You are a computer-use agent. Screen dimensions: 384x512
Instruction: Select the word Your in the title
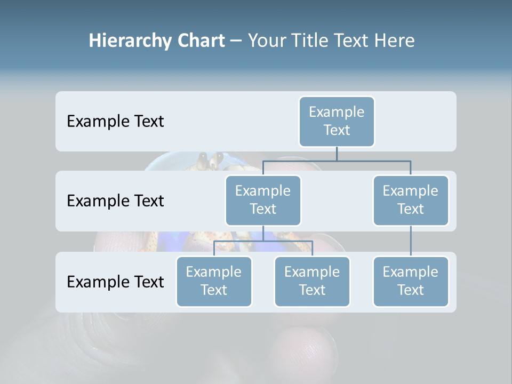[x=266, y=41]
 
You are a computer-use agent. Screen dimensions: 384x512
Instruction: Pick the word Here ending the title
[x=394, y=41]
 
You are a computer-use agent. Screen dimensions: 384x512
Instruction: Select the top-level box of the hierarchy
[x=337, y=121]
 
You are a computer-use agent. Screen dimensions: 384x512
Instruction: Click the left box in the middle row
[x=263, y=200]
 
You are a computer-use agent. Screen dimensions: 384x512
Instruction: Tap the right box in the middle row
[x=411, y=200]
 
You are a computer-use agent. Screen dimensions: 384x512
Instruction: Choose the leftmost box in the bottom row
[x=214, y=281]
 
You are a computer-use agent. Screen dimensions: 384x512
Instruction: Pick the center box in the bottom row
[x=312, y=281]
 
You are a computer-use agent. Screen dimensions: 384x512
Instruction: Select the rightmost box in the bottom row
[x=411, y=281]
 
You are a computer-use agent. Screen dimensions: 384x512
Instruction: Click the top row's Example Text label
[x=115, y=121]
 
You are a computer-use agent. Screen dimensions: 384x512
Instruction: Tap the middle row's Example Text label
[x=115, y=201]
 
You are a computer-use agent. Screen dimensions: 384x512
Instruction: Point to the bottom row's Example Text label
[x=115, y=282]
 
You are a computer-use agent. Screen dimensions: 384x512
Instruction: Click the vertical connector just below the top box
[x=337, y=154]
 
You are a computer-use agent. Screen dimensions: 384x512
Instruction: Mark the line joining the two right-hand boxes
[x=411, y=241]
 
